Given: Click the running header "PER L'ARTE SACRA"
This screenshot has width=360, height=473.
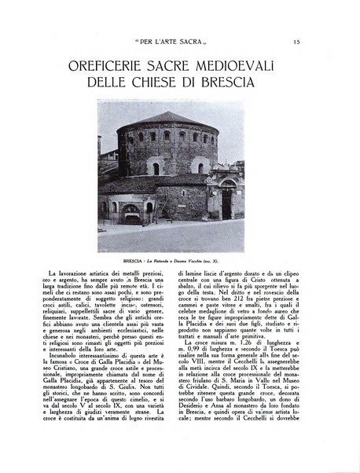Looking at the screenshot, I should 179,41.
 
